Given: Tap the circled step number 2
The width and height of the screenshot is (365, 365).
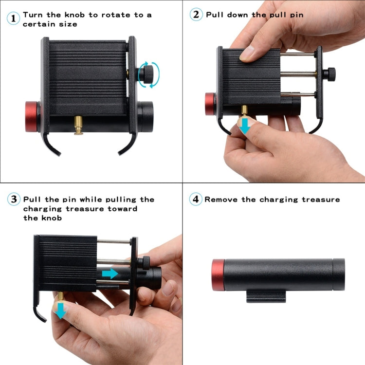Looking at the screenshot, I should point(196,15).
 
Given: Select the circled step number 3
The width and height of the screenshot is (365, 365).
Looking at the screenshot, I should point(14,200).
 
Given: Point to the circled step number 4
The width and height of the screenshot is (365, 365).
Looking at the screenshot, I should point(196,200).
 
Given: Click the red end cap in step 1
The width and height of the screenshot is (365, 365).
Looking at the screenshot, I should point(32,117).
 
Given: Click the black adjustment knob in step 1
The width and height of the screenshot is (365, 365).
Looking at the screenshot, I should point(147,74).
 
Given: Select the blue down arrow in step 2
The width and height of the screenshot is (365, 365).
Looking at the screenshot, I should point(245,127).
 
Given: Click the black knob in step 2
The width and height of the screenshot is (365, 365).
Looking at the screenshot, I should point(331,74).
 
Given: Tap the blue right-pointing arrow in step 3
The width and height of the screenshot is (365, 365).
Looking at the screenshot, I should point(110,274).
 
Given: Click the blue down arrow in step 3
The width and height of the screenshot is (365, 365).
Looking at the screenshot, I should point(60,310).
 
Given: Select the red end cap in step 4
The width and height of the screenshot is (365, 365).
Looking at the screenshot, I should point(219,275).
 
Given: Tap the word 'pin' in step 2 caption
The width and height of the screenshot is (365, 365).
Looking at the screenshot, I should point(295,15).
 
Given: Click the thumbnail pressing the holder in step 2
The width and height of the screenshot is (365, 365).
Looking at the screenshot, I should point(247,53).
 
